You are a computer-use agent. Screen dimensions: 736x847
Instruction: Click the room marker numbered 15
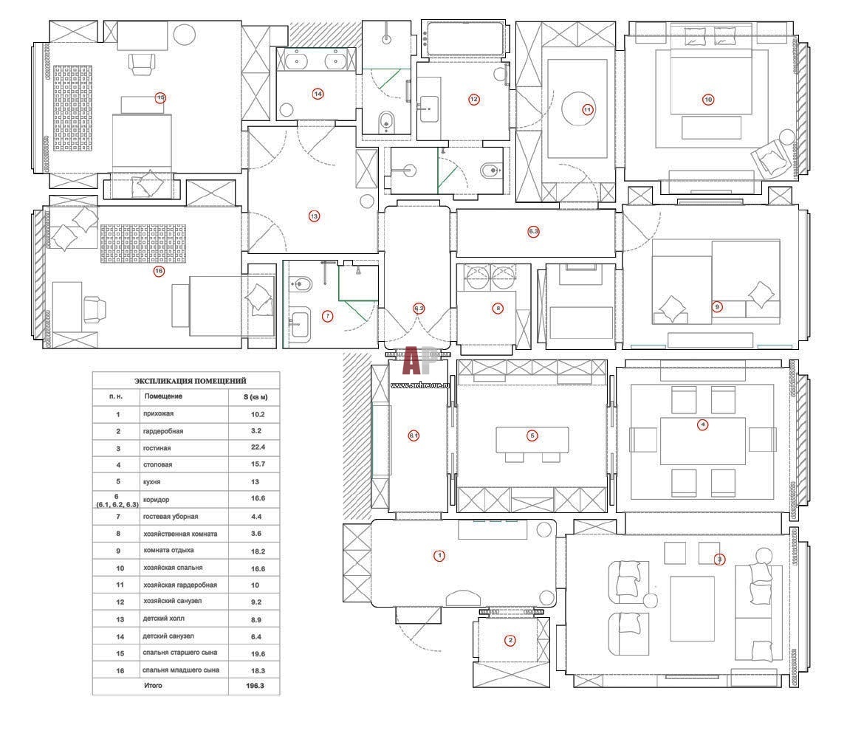pos(160,97)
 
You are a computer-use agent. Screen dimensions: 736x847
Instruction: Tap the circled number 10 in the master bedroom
pos(708,99)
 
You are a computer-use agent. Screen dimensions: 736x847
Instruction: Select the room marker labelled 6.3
pos(534,232)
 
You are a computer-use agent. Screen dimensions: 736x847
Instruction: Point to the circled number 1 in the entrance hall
pos(439,556)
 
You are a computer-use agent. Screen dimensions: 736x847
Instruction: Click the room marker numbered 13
pos(314,216)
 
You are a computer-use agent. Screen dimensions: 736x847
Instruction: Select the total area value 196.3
pos(254,686)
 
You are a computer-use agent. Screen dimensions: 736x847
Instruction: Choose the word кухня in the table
pos(153,482)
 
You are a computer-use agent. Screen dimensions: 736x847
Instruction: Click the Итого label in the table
pos(154,686)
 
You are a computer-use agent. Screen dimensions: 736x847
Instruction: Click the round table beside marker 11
pos(578,109)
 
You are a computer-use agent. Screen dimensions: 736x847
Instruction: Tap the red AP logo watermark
pos(416,362)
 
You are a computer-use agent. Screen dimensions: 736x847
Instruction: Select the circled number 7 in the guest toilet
pos(328,316)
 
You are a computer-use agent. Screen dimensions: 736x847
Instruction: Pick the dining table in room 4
pos(702,441)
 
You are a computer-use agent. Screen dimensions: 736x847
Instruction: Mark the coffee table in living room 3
pos(692,609)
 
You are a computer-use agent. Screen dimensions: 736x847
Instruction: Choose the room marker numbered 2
pos(510,640)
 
